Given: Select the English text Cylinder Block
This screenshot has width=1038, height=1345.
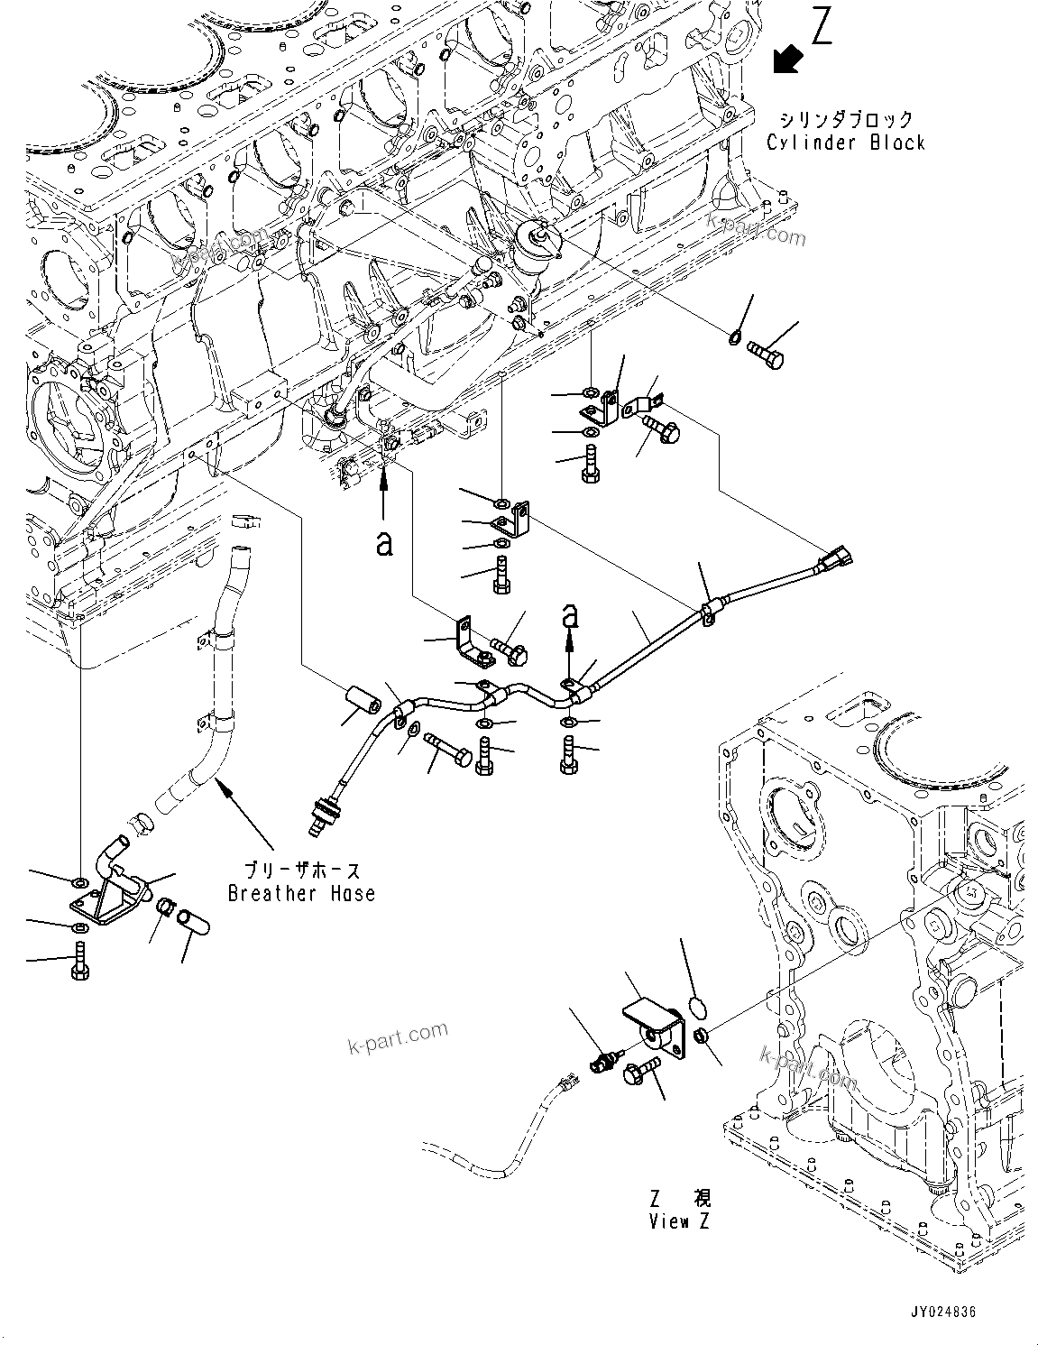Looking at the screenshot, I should point(846,143).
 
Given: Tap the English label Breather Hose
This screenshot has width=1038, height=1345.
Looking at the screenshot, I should point(301,893).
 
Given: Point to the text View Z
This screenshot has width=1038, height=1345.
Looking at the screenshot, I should point(679,1221).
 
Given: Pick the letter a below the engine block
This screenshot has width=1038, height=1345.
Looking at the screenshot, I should point(385,543).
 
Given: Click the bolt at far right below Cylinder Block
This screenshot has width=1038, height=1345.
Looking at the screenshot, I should point(766,357).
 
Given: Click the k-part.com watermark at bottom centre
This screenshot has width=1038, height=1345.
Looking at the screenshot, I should point(398,1037).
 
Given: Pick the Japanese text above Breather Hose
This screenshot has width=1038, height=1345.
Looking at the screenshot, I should point(302,870).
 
